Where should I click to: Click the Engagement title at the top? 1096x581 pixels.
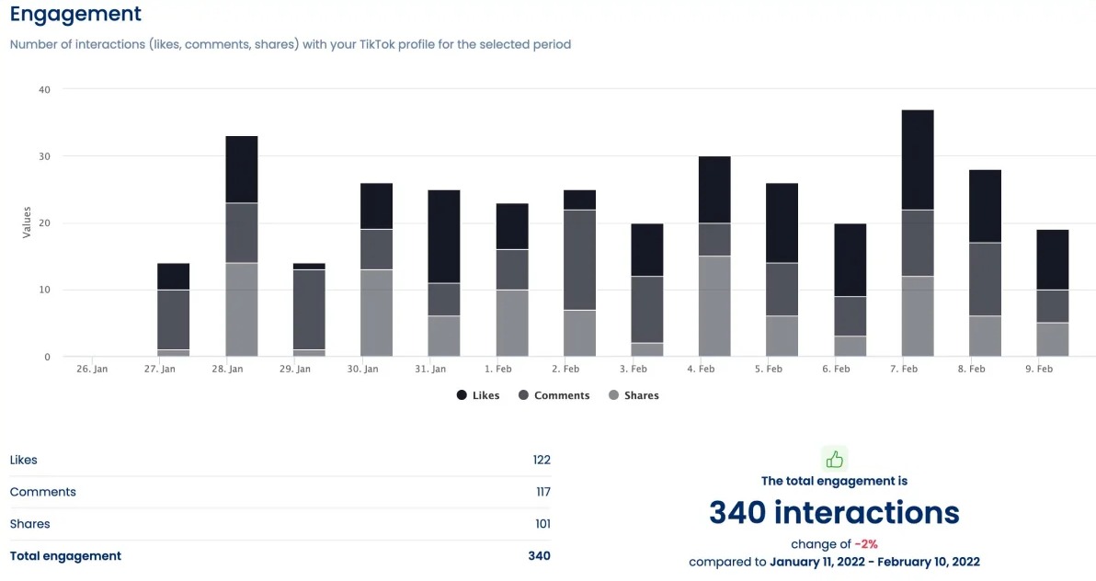point(75,15)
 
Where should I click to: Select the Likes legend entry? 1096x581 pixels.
point(477,395)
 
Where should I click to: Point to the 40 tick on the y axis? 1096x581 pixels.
point(44,89)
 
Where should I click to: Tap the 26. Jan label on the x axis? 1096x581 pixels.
point(92,369)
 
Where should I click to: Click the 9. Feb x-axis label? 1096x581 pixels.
point(1038,369)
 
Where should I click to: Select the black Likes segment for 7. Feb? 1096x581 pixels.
point(918,160)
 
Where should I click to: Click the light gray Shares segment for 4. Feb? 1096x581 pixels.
point(714,306)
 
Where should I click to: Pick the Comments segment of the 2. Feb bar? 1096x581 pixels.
point(579,260)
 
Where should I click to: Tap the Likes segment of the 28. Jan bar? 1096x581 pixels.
point(242,169)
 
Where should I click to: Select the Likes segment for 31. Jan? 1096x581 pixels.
point(444,236)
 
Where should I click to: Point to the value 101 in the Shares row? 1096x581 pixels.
point(542,524)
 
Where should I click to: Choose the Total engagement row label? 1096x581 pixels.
point(65,556)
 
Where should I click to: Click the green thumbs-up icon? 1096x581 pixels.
point(834,459)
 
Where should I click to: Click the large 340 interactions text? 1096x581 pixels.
point(834,512)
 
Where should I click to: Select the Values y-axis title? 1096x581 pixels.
point(26,222)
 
